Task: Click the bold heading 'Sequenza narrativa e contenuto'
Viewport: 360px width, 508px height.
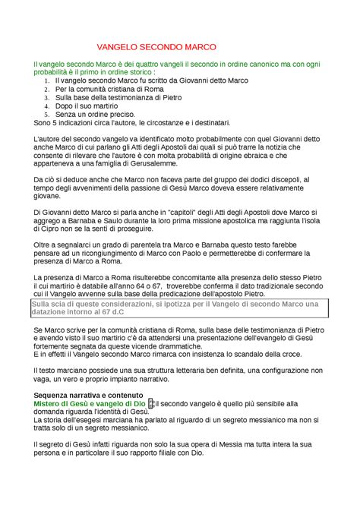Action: (x=88, y=396)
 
